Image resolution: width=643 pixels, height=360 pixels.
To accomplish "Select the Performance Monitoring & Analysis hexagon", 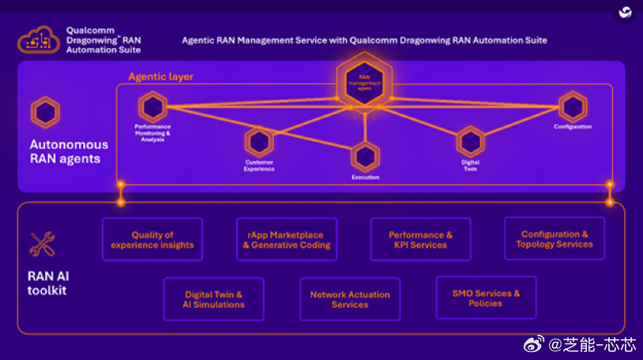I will [152, 107].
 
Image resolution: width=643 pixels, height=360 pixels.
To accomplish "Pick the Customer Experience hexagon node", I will [258, 142].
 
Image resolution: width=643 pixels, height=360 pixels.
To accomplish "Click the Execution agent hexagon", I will [365, 156].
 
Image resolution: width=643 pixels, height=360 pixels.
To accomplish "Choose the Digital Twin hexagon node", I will [470, 142].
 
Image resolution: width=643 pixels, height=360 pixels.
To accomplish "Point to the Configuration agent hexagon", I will [573, 107].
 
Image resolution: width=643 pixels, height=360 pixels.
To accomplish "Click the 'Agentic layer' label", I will [160, 77].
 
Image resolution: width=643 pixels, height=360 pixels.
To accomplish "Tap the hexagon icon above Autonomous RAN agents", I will [45, 113].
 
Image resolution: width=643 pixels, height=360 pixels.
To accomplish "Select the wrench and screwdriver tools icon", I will [42, 245].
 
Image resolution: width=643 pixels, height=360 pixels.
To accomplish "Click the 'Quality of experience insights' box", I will [152, 239].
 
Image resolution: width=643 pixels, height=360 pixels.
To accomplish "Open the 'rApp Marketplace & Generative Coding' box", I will [286, 239].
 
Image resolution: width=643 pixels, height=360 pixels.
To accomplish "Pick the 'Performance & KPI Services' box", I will [420, 239].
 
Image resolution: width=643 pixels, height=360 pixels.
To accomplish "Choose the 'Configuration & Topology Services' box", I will [555, 238].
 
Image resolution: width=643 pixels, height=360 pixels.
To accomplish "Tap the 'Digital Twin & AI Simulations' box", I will [213, 299].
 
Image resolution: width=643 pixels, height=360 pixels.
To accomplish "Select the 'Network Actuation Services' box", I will [349, 299].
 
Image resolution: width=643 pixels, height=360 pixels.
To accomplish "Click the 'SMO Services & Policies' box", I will [486, 298].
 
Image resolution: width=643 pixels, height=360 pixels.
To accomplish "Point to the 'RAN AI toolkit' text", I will [47, 283].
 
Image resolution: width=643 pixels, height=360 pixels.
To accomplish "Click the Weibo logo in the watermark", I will [534, 345].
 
